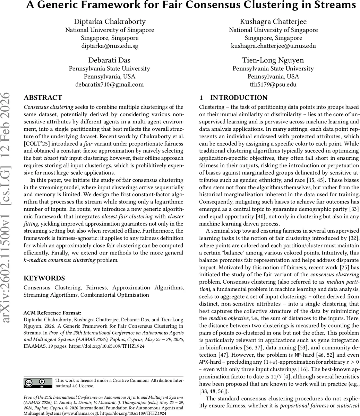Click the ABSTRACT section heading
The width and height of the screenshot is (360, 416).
tap(43, 98)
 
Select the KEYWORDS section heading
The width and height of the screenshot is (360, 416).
tap(44, 278)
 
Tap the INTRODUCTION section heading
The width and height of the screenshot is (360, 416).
tap(239, 98)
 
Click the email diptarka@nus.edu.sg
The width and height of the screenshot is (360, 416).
tap(110, 46)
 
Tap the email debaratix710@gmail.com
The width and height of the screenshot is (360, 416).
tap(110, 84)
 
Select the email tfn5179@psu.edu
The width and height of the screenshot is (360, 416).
tap(273, 84)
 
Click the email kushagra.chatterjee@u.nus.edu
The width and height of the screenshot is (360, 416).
tap(273, 46)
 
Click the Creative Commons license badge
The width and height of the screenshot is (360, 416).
tap(38, 383)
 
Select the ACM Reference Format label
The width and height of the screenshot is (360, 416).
tap(52, 313)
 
